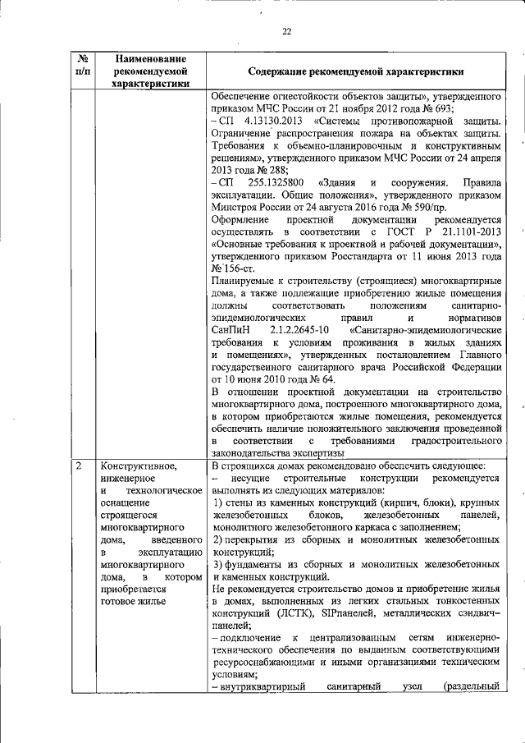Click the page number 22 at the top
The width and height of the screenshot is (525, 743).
coord(287,31)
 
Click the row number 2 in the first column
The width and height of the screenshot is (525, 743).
coord(79,466)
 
